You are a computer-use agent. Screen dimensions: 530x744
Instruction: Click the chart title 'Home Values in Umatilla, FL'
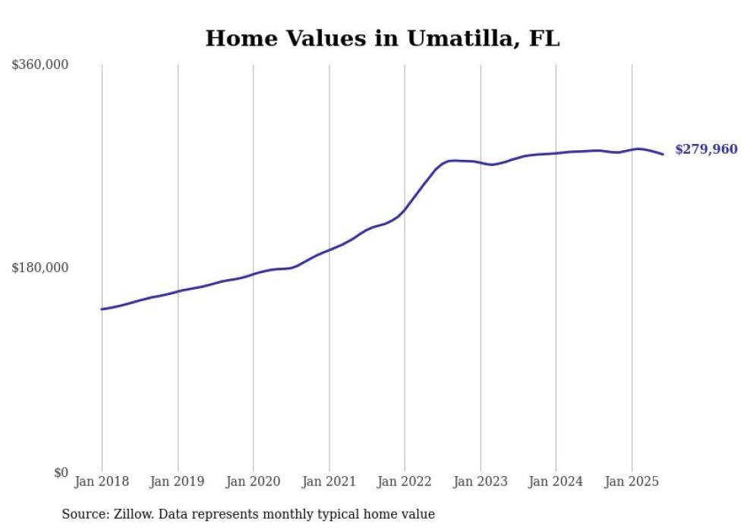coord(383,38)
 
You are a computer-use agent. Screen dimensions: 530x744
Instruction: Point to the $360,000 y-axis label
coord(40,65)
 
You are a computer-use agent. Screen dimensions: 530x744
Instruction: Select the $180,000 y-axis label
coord(40,268)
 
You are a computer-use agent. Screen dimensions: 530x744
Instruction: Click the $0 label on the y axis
coord(61,473)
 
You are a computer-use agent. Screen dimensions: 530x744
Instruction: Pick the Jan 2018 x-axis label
coord(102,481)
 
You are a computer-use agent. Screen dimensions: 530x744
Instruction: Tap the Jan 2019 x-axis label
coord(178,481)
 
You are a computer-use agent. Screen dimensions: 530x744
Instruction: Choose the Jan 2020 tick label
coord(254,481)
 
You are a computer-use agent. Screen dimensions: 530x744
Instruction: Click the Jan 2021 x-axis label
coord(329,481)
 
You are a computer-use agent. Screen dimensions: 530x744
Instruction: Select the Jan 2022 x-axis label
coord(405,481)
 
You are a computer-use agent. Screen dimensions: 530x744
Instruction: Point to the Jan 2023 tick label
coord(480,481)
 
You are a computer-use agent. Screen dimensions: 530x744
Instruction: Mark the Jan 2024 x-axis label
coord(556,481)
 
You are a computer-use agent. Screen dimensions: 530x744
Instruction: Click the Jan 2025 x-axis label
coord(632,481)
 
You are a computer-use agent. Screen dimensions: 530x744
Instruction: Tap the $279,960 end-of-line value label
coord(706,149)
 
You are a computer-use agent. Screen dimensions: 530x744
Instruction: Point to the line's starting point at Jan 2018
coord(102,309)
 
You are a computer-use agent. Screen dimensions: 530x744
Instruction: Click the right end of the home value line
coord(663,155)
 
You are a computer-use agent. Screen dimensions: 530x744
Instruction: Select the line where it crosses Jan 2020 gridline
coord(254,274)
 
